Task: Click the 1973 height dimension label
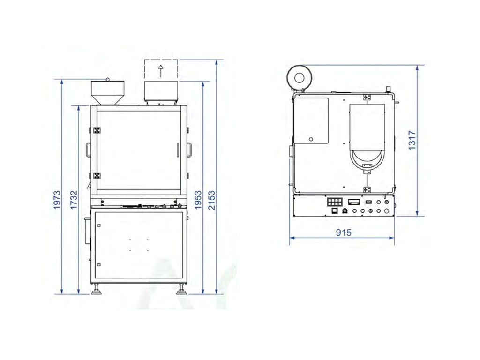[57, 200]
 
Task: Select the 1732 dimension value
[74, 200]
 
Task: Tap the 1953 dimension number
[198, 200]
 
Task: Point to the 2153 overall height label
[212, 200]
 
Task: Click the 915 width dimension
[344, 232]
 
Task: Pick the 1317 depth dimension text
[412, 140]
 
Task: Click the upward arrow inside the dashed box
[161, 71]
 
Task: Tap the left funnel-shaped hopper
[107, 92]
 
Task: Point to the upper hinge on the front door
[97, 130]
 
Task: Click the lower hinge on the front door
[97, 176]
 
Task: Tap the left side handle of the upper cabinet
[88, 150]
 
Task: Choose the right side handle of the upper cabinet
[189, 150]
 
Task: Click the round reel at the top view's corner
[299, 78]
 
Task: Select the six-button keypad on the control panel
[335, 202]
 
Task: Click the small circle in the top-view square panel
[311, 139]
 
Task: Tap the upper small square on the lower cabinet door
[99, 225]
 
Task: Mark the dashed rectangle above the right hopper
[161, 70]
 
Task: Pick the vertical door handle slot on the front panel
[178, 150]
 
